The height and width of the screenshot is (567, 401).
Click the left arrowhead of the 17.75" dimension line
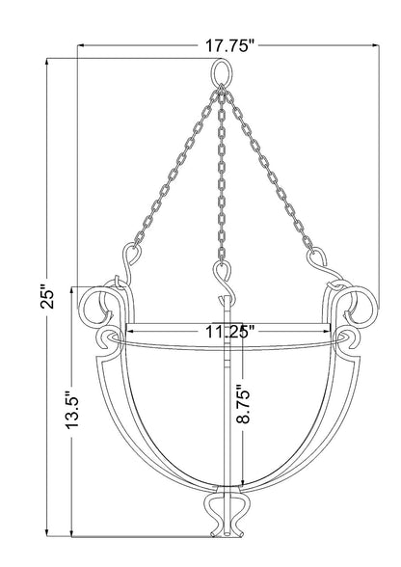pyautogui.click(x=83, y=45)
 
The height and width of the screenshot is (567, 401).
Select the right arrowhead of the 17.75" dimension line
pyautogui.click(x=371, y=45)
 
